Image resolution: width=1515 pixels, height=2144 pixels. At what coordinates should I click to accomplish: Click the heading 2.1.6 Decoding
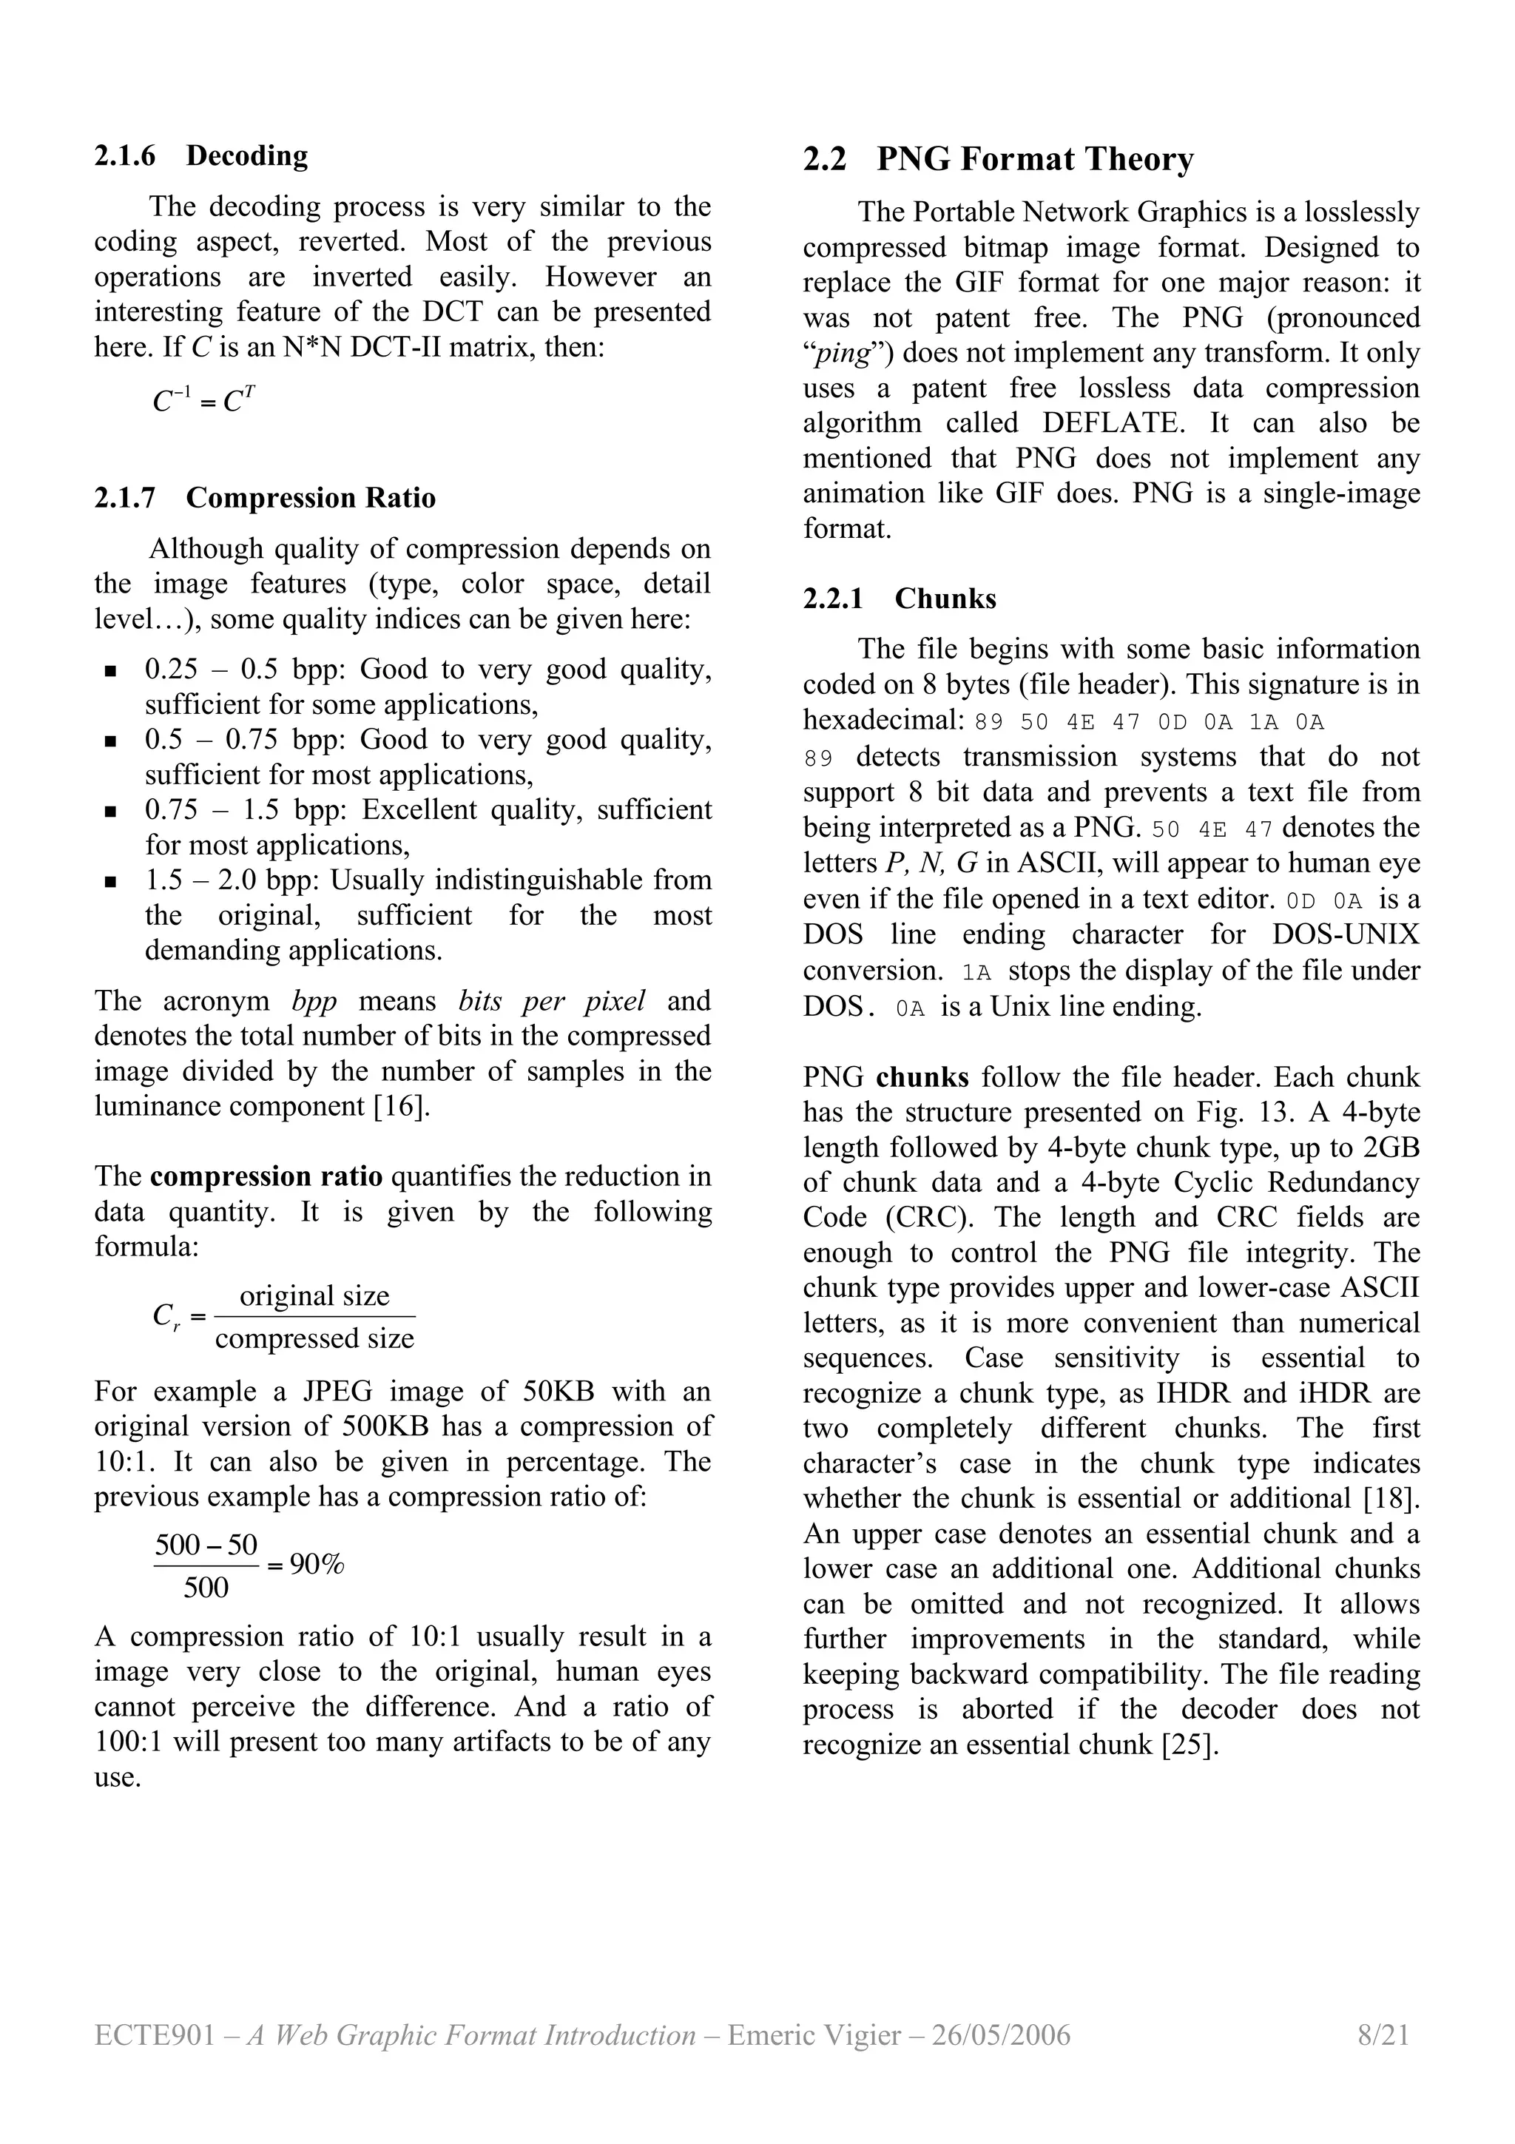click(x=200, y=156)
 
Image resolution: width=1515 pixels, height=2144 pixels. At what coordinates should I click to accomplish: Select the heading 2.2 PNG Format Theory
click(x=998, y=160)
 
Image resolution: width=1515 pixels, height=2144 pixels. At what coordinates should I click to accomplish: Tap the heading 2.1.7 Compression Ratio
click(x=264, y=498)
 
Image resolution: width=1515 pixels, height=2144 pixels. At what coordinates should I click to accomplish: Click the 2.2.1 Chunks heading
click(x=899, y=599)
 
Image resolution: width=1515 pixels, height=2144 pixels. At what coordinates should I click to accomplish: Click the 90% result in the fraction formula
click(x=317, y=1564)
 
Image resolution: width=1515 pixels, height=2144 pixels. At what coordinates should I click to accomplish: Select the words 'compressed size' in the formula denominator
click(x=314, y=1338)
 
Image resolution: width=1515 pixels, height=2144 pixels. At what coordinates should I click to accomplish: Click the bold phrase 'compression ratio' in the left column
click(x=266, y=1176)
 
